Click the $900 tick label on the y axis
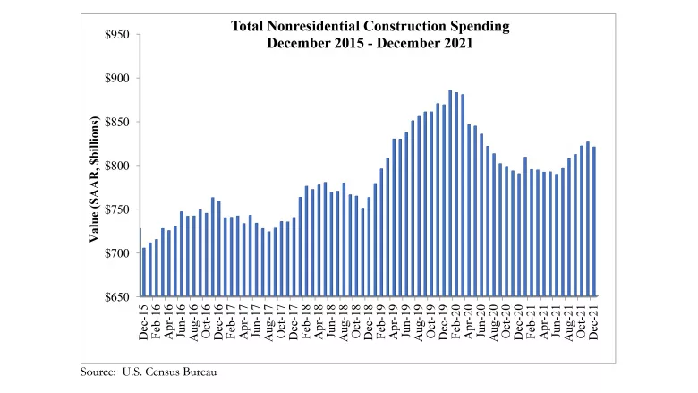pyautogui.click(x=116, y=79)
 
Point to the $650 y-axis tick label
pyautogui.click(x=116, y=296)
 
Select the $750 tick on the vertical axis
pyautogui.click(x=116, y=209)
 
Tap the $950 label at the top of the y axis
pyautogui.click(x=116, y=35)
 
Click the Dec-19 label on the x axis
pyautogui.click(x=444, y=320)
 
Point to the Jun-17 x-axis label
pyautogui.click(x=257, y=320)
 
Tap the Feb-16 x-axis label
pyautogui.click(x=157, y=320)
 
